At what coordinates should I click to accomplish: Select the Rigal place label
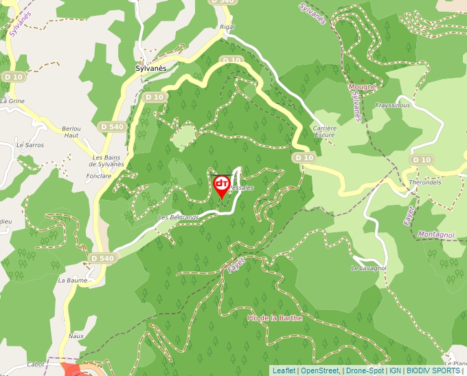click(x=227, y=27)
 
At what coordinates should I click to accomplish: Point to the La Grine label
click(x=12, y=101)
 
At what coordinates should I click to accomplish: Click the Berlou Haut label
click(x=71, y=132)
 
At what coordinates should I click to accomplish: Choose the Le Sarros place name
click(x=30, y=145)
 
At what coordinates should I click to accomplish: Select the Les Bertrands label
click(x=179, y=217)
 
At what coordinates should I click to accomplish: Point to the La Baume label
click(x=71, y=280)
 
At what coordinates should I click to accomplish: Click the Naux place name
click(x=76, y=335)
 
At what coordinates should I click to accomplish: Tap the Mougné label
click(x=362, y=87)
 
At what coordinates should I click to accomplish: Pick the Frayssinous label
click(x=393, y=106)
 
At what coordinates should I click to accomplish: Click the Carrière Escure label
click(x=324, y=131)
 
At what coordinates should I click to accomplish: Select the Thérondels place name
click(x=424, y=183)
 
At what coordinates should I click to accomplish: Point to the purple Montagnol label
click(x=435, y=234)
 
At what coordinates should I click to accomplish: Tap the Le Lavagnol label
click(x=369, y=267)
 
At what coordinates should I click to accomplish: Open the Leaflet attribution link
click(x=284, y=371)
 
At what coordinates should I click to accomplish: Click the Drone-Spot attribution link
click(x=365, y=371)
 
